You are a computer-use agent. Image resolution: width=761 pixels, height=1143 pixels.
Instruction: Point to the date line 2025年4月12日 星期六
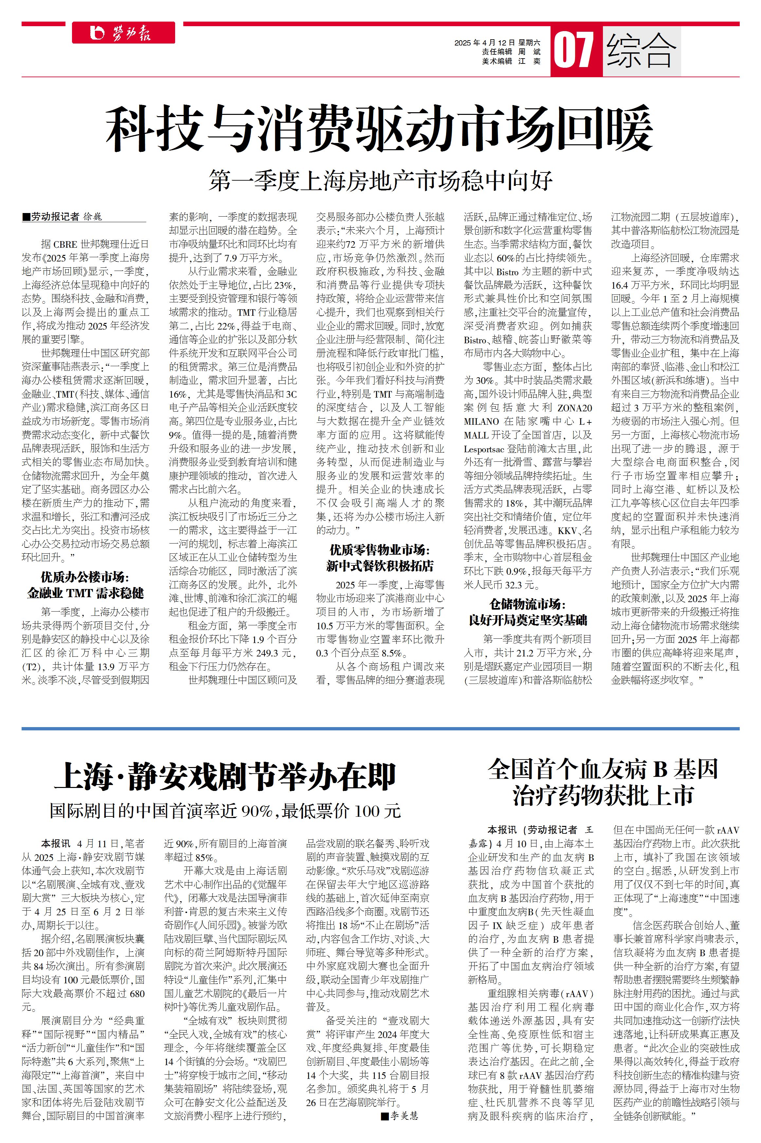pos(497,43)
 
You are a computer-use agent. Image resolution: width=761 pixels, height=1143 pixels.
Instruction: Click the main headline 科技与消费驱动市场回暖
pos(380,130)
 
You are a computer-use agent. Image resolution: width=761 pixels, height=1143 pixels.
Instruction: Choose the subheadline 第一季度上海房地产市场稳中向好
pos(380,181)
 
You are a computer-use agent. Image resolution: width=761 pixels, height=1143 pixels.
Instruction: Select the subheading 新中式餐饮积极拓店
pos(380,566)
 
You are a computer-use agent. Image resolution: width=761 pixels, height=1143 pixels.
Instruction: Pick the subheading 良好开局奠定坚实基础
pos(528,620)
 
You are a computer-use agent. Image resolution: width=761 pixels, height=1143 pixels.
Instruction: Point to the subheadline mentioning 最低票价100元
pos(225,811)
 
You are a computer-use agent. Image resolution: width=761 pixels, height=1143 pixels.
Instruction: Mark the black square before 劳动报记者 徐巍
pos(26,217)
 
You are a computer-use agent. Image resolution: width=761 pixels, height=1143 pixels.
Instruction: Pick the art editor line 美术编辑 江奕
pos(511,61)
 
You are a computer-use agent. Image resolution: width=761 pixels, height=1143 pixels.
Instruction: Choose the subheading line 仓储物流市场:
pos(528,604)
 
